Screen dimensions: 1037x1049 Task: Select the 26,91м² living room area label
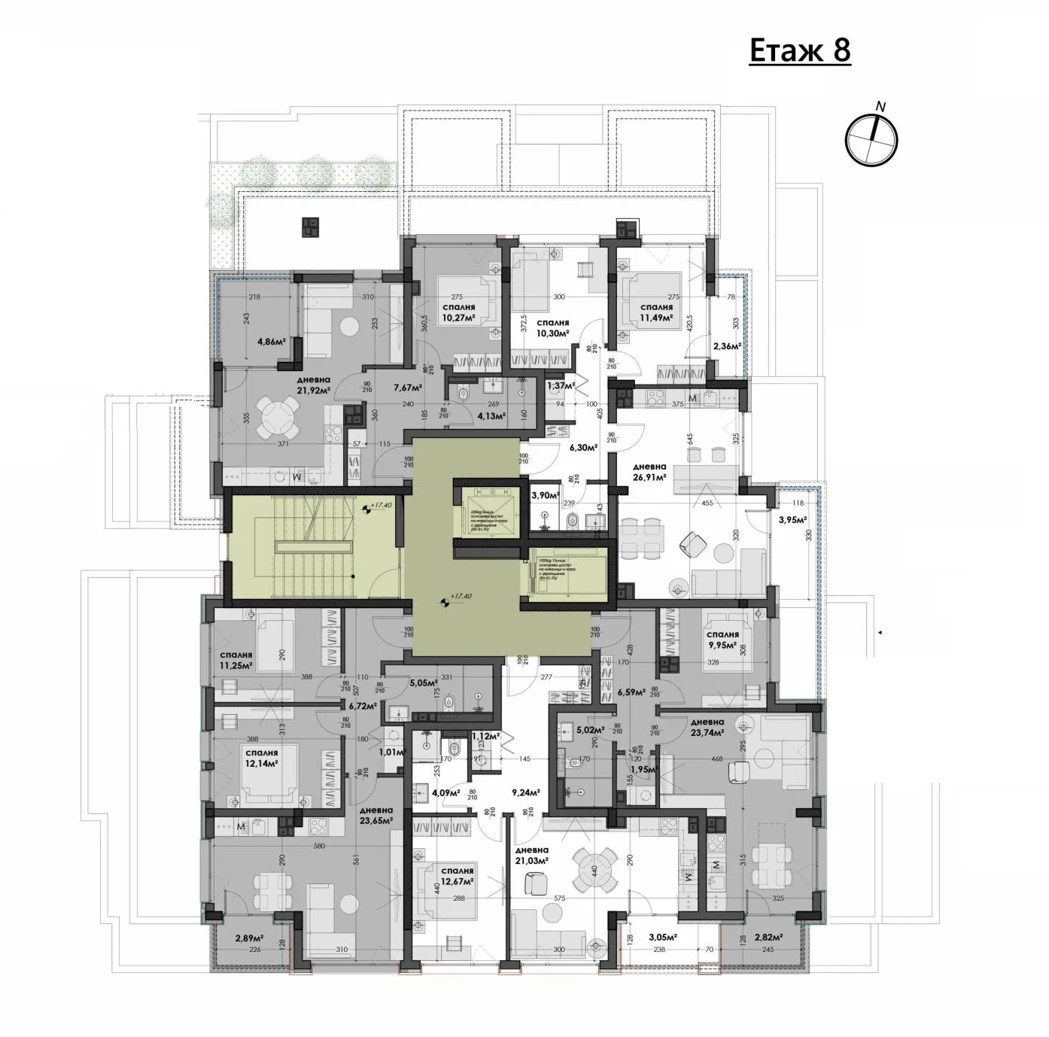650,477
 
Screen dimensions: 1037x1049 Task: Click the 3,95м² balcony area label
792,519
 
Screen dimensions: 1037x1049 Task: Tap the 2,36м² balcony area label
726,346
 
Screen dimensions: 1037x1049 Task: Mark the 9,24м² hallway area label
527,792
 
